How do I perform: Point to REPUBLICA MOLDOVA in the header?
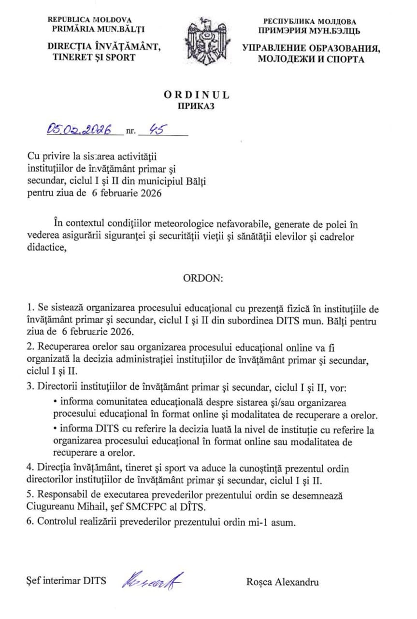click(x=90, y=20)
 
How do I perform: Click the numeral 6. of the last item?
click(x=31, y=522)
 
